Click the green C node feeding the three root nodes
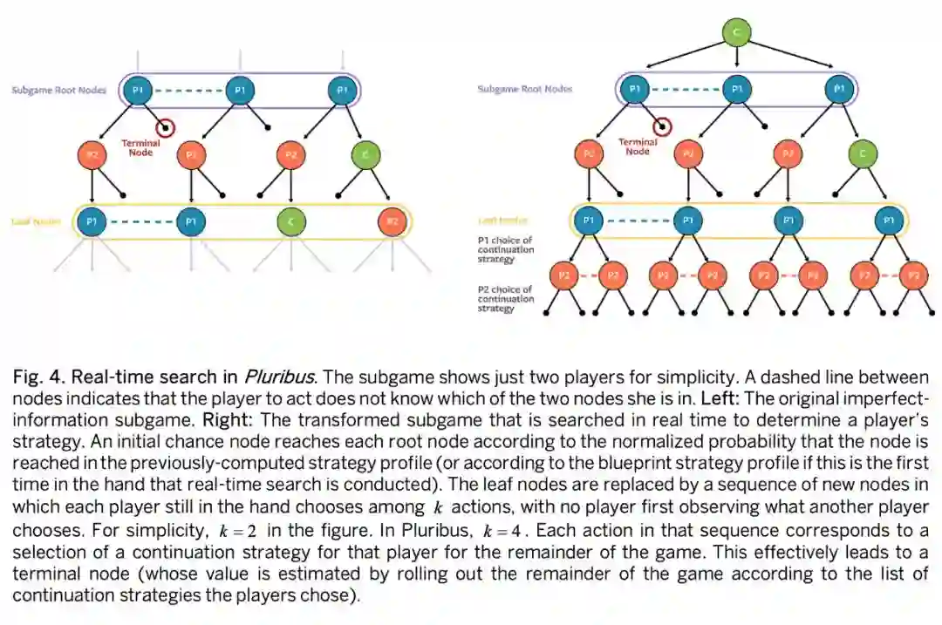tap(738, 33)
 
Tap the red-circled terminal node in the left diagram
tap(165, 127)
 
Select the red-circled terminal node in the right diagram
tap(662, 127)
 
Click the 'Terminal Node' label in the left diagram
tap(140, 147)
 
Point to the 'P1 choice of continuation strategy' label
tap(505, 249)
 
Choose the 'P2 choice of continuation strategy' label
tap(505, 299)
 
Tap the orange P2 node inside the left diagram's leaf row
tap(392, 221)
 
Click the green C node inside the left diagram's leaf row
tap(291, 221)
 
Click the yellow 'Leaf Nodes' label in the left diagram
tap(35, 221)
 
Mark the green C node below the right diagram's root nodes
tap(863, 154)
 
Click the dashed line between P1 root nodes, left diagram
tap(188, 90)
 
